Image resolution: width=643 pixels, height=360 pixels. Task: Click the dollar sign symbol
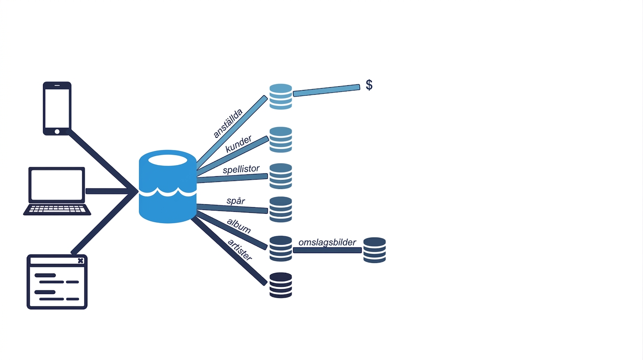point(369,85)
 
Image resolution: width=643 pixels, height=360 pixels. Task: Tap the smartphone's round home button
point(57,132)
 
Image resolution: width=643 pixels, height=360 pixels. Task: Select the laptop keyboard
point(57,209)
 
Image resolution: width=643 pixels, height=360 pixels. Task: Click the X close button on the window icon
point(81,261)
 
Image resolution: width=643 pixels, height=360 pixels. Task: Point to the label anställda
point(228,123)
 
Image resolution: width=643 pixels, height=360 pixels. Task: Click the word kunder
point(239,144)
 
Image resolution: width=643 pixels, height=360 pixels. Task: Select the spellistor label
point(241,169)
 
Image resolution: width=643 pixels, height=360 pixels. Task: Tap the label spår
point(235,201)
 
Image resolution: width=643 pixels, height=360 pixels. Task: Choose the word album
point(239,226)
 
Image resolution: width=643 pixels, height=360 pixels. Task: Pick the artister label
point(240,250)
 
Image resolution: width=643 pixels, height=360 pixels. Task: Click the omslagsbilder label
point(327,243)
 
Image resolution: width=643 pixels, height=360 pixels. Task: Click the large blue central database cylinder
point(167,187)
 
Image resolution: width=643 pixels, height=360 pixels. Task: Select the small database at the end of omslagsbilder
point(375,250)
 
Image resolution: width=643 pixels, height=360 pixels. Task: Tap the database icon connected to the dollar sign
point(281,97)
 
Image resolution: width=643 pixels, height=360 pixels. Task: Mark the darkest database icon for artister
point(281,285)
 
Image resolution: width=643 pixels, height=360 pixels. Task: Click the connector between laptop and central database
point(108,191)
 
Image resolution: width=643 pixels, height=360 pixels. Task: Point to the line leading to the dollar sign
point(326,90)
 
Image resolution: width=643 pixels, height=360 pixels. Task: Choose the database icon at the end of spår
point(281,210)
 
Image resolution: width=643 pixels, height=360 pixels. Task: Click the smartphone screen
point(57,108)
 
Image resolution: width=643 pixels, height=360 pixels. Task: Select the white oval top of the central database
point(167,160)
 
